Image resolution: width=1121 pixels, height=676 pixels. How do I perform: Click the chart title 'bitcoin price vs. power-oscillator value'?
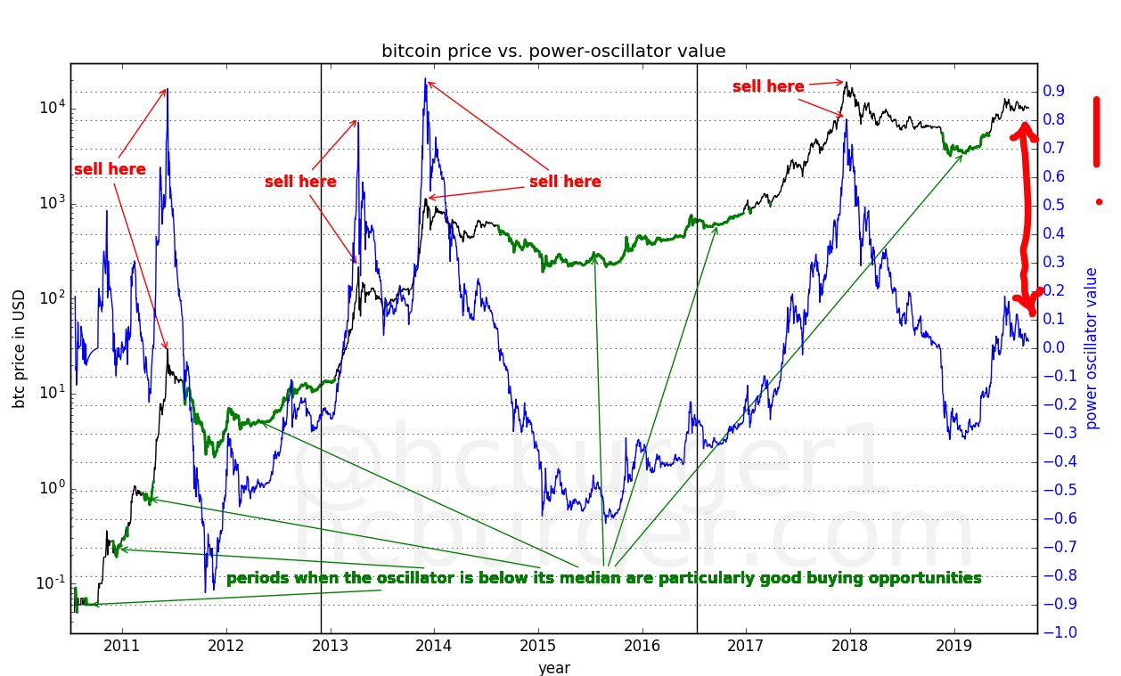coord(553,51)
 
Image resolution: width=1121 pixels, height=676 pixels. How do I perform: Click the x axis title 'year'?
coord(553,667)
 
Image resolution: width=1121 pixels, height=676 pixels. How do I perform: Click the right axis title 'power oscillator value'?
coord(1092,347)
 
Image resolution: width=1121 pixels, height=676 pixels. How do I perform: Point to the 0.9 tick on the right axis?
coord(1055,91)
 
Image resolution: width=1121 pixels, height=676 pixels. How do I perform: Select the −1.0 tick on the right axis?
coord(1057,632)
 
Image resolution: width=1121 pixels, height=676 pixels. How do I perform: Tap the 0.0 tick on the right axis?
coord(1055,347)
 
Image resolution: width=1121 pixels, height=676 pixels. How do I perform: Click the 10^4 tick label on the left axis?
coord(52,108)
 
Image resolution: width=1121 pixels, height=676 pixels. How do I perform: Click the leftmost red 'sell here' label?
coord(110,169)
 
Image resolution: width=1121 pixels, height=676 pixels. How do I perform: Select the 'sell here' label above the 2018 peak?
coord(768,86)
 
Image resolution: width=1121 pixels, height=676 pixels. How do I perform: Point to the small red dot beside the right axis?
coord(1099,202)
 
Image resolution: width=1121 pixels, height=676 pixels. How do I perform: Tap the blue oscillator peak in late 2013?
coord(426,82)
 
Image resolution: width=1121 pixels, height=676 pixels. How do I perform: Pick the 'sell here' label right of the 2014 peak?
coord(565,182)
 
